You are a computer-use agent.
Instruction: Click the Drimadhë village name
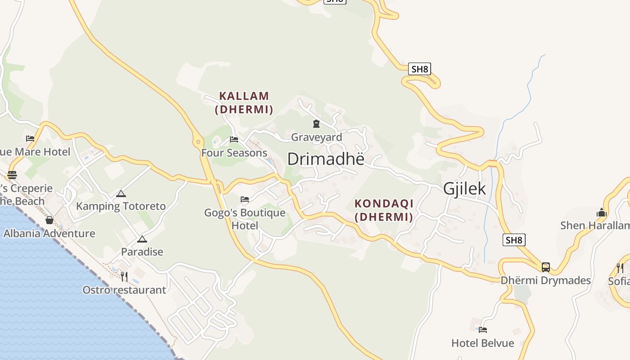point(325,159)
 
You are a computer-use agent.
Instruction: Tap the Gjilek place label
point(464,189)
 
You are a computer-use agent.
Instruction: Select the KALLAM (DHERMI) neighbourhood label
point(244,103)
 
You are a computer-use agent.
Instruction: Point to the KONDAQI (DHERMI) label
point(384,210)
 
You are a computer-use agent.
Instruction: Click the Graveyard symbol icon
point(316,123)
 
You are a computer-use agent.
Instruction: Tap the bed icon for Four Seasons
point(234,139)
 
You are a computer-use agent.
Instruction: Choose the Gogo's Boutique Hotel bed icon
point(245,199)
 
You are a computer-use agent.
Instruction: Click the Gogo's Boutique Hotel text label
point(245,219)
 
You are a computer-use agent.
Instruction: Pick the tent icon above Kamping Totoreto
point(121,194)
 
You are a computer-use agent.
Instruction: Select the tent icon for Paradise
point(142,239)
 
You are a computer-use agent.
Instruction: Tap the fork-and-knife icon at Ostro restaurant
point(124,276)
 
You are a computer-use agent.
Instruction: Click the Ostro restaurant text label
point(124,290)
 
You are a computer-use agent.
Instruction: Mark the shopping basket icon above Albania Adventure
point(49,220)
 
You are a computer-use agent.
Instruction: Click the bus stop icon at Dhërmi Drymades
point(545,267)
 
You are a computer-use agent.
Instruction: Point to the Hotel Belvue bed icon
point(483,329)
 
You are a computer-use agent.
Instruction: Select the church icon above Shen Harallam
point(602,212)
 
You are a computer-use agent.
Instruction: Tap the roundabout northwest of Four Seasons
point(198,142)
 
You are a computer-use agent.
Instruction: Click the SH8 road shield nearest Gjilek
point(513,240)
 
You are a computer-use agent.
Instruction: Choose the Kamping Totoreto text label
point(121,207)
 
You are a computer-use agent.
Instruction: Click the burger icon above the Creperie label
point(12,175)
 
